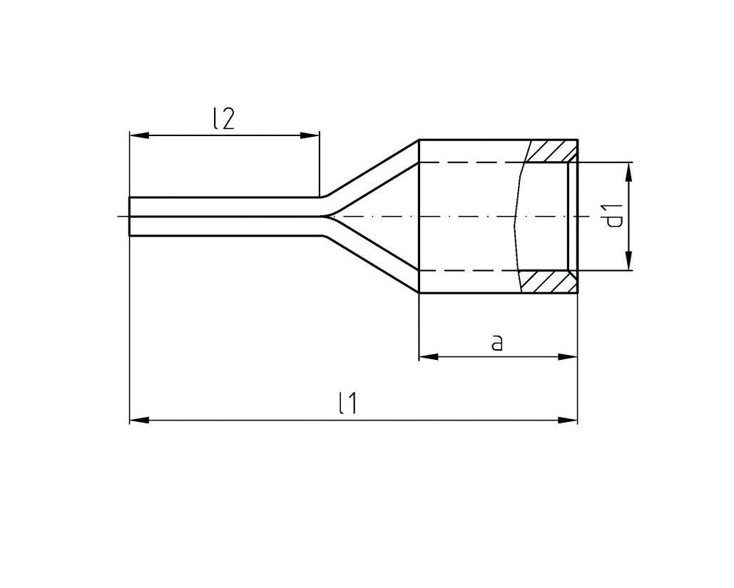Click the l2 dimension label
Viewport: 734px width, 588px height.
click(223, 119)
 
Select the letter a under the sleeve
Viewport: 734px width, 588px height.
click(497, 343)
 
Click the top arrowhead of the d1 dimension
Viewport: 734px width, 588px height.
click(629, 170)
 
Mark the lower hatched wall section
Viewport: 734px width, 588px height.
click(548, 282)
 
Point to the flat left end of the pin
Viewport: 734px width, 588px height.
click(129, 216)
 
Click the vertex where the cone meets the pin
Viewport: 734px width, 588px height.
click(327, 216)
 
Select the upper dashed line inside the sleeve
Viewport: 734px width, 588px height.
click(471, 163)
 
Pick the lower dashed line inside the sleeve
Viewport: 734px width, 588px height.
click(471, 271)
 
